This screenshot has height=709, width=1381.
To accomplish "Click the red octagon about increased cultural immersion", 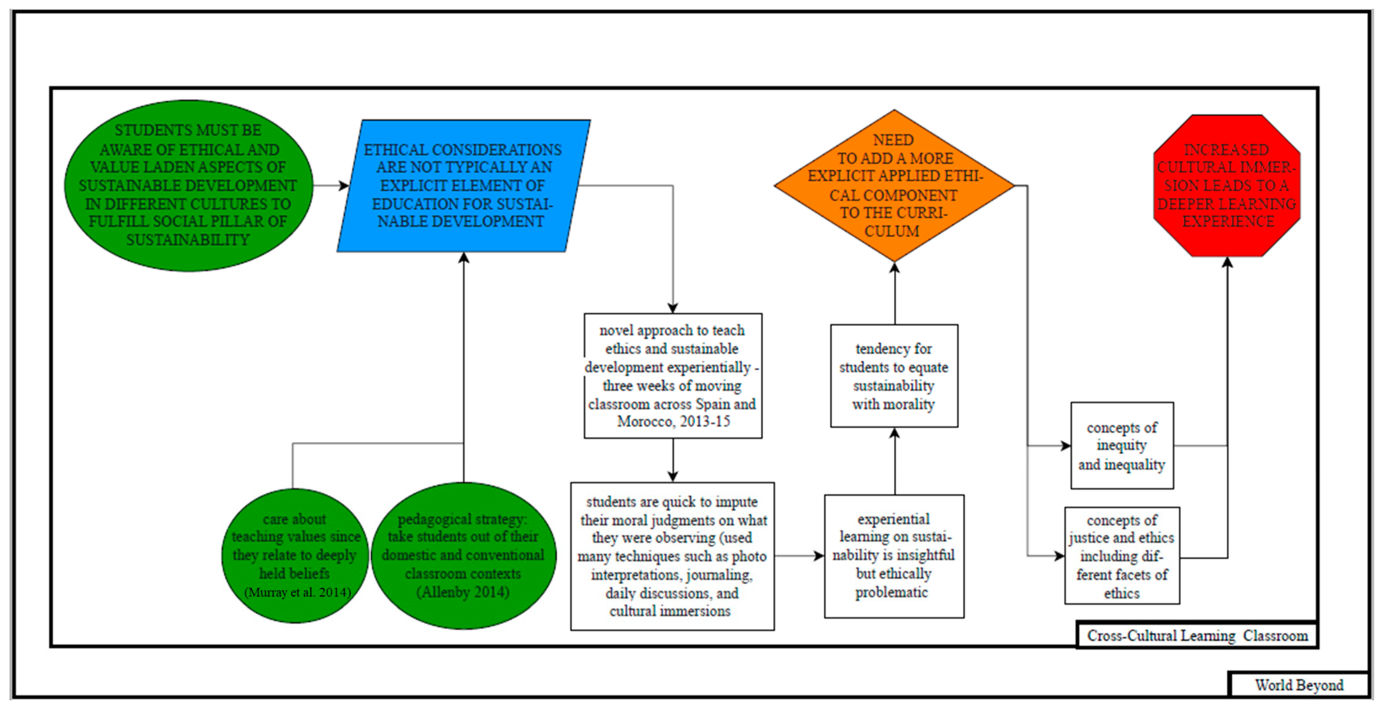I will (1227, 186).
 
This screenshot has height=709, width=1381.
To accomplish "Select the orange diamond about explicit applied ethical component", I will (894, 186).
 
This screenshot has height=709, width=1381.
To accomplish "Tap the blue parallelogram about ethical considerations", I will (463, 186).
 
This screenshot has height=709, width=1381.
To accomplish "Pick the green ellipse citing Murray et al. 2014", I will (295, 555).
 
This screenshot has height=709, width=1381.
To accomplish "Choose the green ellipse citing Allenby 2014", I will (463, 555).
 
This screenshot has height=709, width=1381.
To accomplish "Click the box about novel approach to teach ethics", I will (673, 376).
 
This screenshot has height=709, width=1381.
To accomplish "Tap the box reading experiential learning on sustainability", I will (894, 556).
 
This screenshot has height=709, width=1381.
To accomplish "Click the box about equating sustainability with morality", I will (894, 376).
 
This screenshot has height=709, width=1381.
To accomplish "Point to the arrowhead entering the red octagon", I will (1227, 263).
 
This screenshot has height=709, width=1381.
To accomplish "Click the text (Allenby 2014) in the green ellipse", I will (463, 592).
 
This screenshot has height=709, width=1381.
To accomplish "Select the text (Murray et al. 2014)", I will (298, 592).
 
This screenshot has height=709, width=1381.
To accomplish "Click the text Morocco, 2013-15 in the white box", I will (673, 421).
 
